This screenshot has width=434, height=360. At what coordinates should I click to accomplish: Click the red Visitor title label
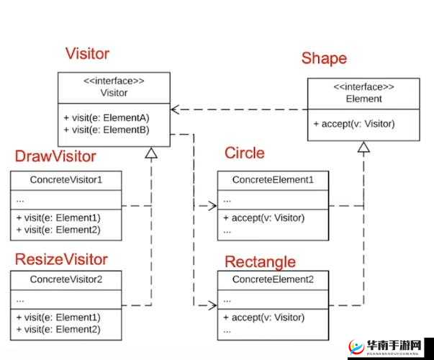(x=87, y=53)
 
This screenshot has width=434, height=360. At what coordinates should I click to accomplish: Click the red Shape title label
(x=324, y=58)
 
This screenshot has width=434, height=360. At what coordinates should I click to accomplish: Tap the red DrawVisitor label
(x=55, y=156)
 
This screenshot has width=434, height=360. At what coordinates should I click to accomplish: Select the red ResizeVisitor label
(x=61, y=259)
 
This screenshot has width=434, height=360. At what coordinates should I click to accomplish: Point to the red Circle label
(x=244, y=153)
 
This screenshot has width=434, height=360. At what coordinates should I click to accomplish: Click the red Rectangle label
(x=260, y=261)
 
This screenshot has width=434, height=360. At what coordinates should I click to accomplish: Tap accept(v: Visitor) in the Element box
(x=354, y=123)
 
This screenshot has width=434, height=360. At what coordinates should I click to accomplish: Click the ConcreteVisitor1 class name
(x=66, y=179)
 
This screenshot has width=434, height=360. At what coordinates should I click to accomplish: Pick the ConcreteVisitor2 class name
(x=66, y=279)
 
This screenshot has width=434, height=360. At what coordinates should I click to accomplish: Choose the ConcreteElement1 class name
(x=273, y=179)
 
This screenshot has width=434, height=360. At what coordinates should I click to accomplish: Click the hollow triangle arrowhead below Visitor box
(x=150, y=153)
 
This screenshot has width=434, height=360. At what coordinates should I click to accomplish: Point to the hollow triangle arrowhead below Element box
(x=363, y=148)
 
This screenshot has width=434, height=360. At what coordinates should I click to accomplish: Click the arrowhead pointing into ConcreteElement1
(x=213, y=206)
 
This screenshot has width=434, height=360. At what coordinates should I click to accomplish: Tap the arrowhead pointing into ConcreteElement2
(x=213, y=305)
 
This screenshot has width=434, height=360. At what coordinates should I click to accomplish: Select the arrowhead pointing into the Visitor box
(x=175, y=109)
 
